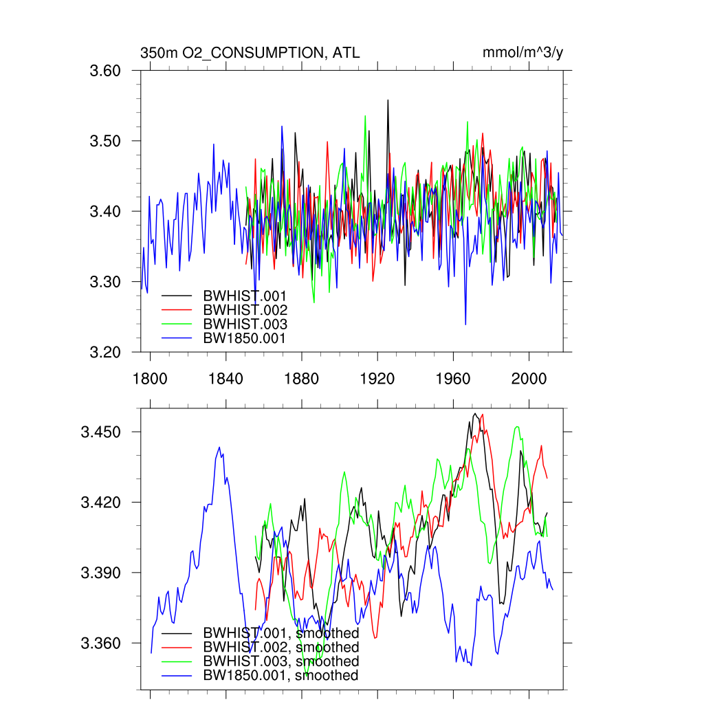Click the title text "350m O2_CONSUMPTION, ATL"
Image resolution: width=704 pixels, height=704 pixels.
point(250,53)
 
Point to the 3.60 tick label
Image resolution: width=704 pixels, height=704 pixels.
point(106,71)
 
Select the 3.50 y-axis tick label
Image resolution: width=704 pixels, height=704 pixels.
point(106,142)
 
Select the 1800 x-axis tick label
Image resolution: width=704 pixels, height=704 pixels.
point(150,377)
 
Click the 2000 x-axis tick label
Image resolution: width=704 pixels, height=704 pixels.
point(529,377)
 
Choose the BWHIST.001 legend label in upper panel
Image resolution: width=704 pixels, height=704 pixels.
point(245,296)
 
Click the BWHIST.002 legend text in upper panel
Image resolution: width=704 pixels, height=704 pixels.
point(245,310)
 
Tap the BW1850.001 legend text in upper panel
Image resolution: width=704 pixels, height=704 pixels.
point(244,338)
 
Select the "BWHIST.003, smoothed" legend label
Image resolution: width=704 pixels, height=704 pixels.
point(280,661)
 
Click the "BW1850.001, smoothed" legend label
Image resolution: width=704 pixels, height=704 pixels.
point(280,676)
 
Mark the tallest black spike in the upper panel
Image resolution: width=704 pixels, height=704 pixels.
point(388,100)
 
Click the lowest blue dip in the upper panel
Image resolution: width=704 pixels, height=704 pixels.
point(465,324)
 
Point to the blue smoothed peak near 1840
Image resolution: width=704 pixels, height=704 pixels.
point(219,448)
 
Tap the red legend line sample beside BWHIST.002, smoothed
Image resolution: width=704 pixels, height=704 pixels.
point(177,648)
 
